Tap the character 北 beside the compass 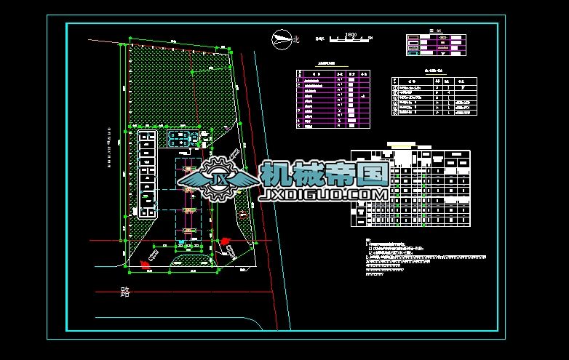[295, 40]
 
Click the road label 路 [125, 292]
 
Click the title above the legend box [434, 31]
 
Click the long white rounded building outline [146, 175]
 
